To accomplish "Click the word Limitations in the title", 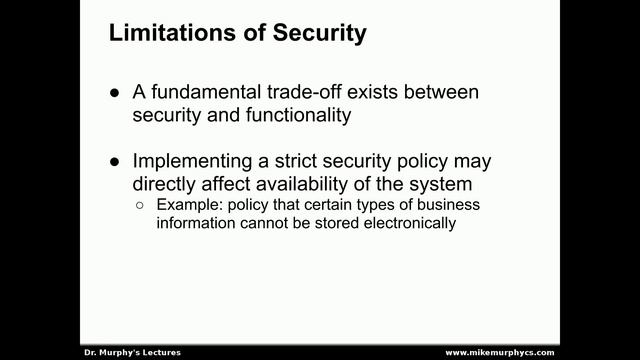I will pyautogui.click(x=166, y=33).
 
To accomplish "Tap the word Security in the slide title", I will pyautogui.click(x=321, y=33).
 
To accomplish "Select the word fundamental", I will pyautogui.click(x=207, y=92).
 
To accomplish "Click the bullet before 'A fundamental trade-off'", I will pyautogui.click(x=114, y=93).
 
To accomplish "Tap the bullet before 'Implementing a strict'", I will pyautogui.click(x=114, y=161).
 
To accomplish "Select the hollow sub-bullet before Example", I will pyautogui.click(x=140, y=206).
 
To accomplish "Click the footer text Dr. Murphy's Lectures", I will pyautogui.click(x=131, y=353).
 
